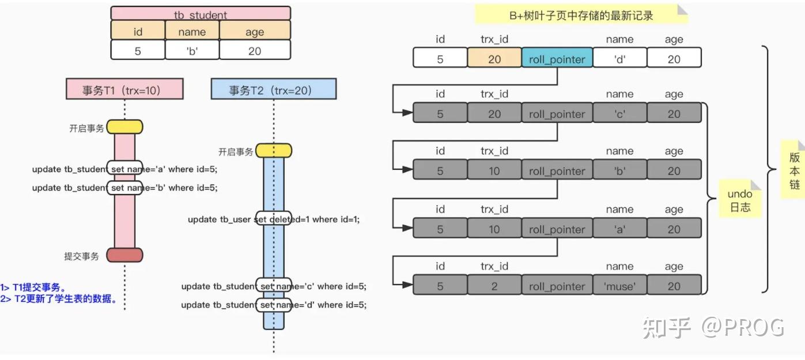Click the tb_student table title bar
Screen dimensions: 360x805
click(201, 13)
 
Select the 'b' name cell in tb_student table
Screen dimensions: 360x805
click(192, 51)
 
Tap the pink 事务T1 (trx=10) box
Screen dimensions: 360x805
click(124, 89)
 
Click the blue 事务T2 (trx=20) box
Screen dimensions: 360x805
click(273, 89)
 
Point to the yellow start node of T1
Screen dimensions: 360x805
click(124, 127)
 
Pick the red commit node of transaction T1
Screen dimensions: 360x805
click(124, 255)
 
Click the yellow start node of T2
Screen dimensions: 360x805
click(273, 151)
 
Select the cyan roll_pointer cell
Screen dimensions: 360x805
click(557, 59)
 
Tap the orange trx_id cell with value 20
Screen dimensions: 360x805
click(494, 59)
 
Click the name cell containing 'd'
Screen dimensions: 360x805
click(619, 59)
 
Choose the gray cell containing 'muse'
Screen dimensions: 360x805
click(619, 286)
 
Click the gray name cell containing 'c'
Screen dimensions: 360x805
click(619, 114)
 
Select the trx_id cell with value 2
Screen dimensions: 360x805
click(494, 286)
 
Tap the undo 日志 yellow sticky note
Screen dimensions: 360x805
click(740, 200)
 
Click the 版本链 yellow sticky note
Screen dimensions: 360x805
click(794, 170)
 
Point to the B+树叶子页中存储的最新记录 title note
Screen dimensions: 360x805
click(581, 16)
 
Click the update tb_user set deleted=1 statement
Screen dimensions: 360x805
click(273, 219)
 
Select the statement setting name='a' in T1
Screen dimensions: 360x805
click(124, 169)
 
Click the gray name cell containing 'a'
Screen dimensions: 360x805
click(619, 229)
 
